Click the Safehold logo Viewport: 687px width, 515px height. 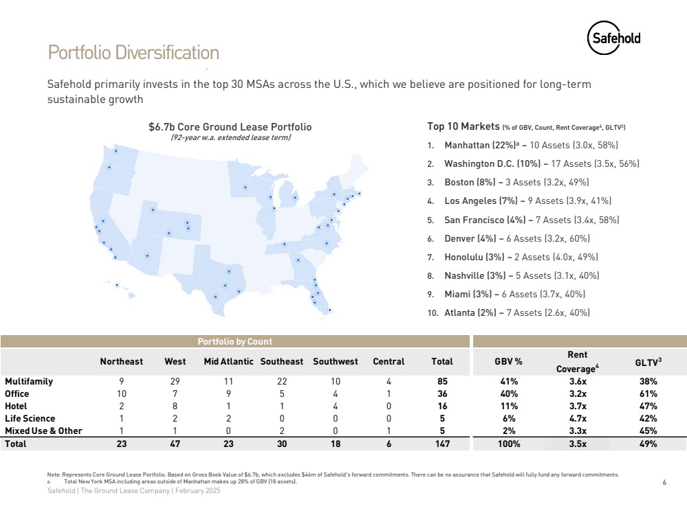pos(613,38)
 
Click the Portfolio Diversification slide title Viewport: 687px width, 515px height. pos(133,53)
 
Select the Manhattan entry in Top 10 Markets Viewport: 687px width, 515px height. pos(531,146)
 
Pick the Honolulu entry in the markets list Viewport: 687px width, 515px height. pos(521,257)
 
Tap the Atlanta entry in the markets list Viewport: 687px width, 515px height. pos(516,312)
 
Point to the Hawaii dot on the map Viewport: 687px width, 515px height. pos(117,285)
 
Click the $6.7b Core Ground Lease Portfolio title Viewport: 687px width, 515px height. pos(230,127)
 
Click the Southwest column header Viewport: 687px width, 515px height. pos(335,361)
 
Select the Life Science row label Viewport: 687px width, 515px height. pos(30,418)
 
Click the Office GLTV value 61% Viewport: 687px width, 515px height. pos(648,394)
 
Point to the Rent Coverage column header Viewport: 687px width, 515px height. pos(577,361)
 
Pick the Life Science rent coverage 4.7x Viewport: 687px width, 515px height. pos(577,418)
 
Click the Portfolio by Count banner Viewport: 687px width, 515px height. pos(235,341)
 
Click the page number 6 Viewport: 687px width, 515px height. pos(664,483)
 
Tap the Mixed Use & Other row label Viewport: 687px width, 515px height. pos(43,431)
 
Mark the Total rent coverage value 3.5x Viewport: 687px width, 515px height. pos(577,444)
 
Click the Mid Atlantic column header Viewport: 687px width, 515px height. pos(228,361)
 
